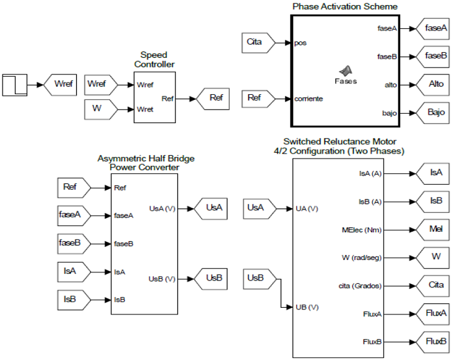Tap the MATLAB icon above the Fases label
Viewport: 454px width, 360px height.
click(x=346, y=70)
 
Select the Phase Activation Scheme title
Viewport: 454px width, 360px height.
click(x=345, y=6)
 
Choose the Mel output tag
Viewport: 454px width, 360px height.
click(x=435, y=228)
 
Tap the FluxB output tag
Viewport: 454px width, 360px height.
click(x=435, y=341)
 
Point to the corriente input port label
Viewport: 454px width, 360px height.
click(x=309, y=99)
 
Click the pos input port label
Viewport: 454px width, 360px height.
click(x=300, y=43)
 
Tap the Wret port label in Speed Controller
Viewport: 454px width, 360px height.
click(x=145, y=109)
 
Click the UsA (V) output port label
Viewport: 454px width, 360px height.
click(x=162, y=208)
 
